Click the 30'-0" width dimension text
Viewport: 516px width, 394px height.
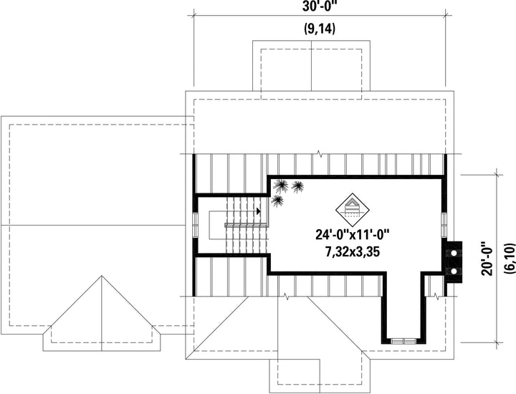tap(319, 6)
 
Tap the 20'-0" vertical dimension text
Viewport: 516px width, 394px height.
tap(487, 259)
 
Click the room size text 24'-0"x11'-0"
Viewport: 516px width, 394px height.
tap(353, 235)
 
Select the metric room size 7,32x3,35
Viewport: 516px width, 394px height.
tap(353, 252)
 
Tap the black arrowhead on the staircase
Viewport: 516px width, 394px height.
tap(259, 211)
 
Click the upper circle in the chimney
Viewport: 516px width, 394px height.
tap(454, 254)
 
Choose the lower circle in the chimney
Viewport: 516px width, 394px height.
tap(454, 272)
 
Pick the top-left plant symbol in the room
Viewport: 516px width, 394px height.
tap(280, 186)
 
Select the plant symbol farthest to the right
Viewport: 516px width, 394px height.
tap(297, 186)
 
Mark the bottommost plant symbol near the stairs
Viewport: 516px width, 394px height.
tap(277, 201)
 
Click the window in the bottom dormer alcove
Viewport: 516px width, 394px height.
tap(403, 341)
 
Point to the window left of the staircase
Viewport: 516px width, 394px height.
tap(195, 225)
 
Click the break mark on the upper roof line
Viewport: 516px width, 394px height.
tap(318, 153)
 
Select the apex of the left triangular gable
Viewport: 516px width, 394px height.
tap(102, 276)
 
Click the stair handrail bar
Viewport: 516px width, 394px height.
tap(246, 225)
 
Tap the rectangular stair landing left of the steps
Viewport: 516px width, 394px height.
tap(218, 225)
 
